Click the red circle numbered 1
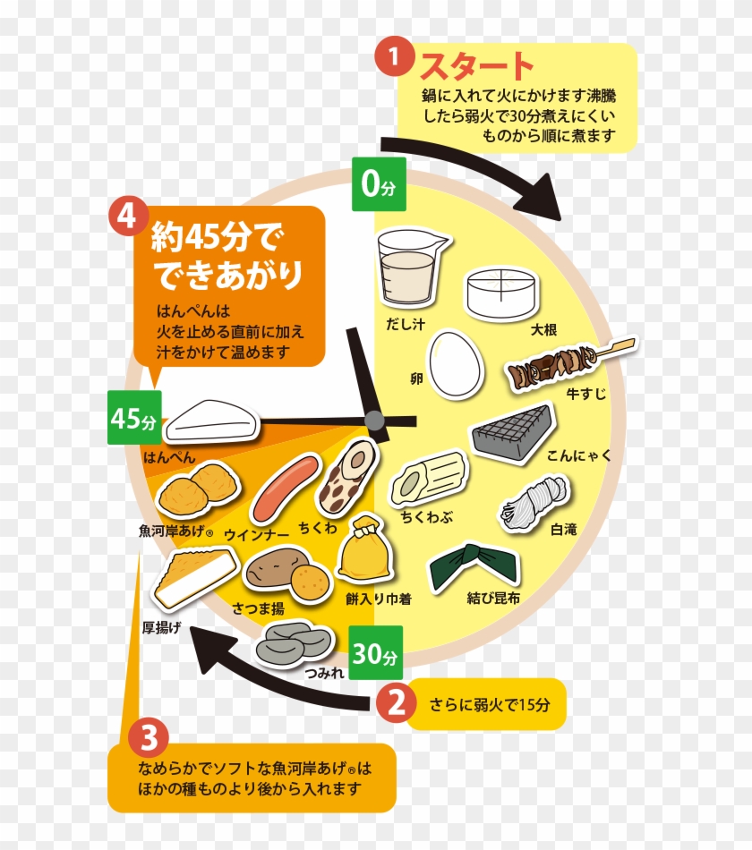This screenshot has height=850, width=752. coord(391,58)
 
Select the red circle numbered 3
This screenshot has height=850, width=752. coord(149,739)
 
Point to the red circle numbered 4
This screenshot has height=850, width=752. coord(125,217)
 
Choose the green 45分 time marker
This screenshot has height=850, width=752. coord(134,418)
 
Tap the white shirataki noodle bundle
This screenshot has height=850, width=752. coord(534,500)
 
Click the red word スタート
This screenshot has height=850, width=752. coord(475,67)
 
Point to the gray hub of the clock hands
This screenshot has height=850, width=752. coord(374,420)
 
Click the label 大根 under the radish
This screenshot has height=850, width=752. coord(543,330)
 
